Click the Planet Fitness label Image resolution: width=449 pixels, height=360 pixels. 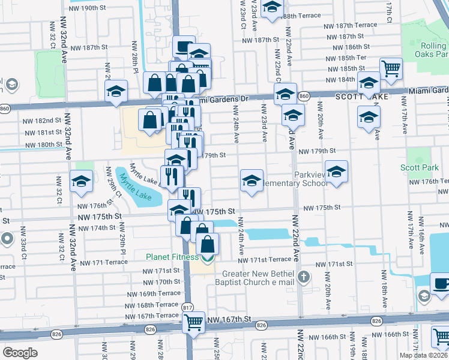[172, 257]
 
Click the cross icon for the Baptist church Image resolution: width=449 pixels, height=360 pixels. [304, 277]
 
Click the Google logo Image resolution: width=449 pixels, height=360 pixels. [20, 352]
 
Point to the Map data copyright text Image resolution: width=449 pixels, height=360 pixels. [424, 355]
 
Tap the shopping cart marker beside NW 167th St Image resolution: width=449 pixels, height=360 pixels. [193, 323]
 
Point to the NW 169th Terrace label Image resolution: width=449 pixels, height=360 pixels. [152, 293]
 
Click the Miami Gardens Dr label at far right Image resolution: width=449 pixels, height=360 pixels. [429, 91]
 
